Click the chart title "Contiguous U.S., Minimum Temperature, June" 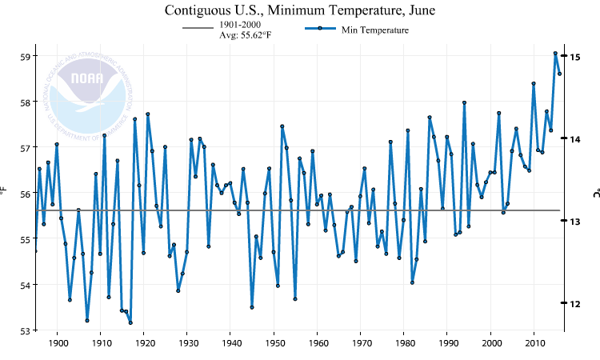(300, 10)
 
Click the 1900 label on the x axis (58, 344)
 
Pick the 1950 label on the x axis (274, 344)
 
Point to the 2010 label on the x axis (534, 344)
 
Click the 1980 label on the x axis (404, 344)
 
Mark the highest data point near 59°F (555, 54)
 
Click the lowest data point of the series (130, 322)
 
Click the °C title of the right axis (595, 193)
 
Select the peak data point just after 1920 (148, 114)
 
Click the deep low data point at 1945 (252, 307)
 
